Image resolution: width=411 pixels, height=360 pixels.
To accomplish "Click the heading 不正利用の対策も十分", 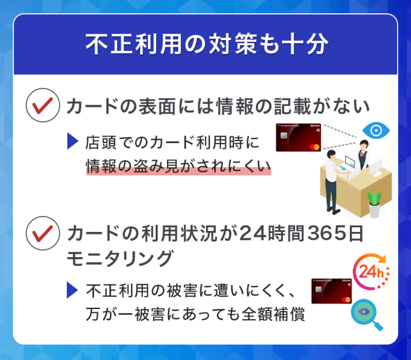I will [205, 45].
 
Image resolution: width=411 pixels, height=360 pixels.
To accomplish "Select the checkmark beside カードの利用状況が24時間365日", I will [42, 234].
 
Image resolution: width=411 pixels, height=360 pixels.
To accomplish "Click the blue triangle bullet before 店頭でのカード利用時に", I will [73, 142].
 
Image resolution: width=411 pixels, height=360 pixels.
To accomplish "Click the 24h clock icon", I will [371, 271].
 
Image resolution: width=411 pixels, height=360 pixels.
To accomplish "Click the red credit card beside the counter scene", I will [298, 137].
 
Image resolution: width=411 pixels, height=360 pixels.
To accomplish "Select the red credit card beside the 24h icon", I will [331, 291].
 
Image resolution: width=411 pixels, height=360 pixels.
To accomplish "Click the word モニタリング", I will [120, 258].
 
